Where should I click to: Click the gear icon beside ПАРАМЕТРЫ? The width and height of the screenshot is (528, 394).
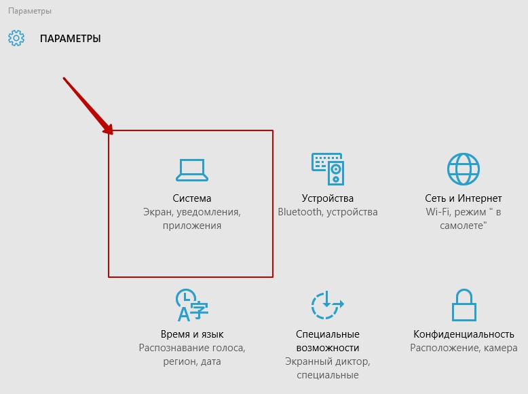pyautogui.click(x=16, y=38)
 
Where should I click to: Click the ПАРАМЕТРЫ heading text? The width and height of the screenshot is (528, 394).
pyautogui.click(x=71, y=39)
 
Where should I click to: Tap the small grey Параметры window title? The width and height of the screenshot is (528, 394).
pyautogui.click(x=30, y=11)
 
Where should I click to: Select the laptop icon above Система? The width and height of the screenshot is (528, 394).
pyautogui.click(x=192, y=170)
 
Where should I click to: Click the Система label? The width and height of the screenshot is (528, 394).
pyautogui.click(x=192, y=198)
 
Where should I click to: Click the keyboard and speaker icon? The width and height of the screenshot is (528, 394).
pyautogui.click(x=328, y=169)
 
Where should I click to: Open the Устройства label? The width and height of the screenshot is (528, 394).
pyautogui.click(x=328, y=198)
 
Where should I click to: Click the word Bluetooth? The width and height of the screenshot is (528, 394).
pyautogui.click(x=300, y=212)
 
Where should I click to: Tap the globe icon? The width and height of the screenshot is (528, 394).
pyautogui.click(x=464, y=169)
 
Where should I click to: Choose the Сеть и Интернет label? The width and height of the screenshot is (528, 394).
pyautogui.click(x=464, y=198)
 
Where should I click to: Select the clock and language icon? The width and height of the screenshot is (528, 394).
pyautogui.click(x=192, y=305)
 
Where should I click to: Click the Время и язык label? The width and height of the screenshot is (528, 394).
pyautogui.click(x=192, y=334)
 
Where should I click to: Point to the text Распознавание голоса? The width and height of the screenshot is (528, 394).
pyautogui.click(x=192, y=348)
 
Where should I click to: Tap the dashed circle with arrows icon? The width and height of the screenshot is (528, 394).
pyautogui.click(x=327, y=305)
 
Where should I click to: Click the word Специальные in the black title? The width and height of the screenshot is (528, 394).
pyautogui.click(x=328, y=334)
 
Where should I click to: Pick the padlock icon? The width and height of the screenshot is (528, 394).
pyautogui.click(x=464, y=305)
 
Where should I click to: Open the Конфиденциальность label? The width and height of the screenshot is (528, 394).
pyautogui.click(x=464, y=334)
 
